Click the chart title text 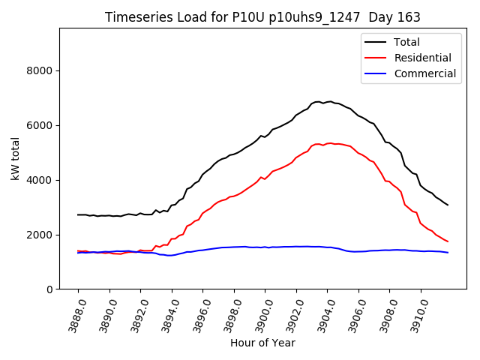click(x=262, y=17)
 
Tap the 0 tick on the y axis click(x=49, y=289)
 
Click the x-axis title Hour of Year click(x=262, y=343)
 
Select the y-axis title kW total click(x=15, y=159)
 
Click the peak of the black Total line click(x=330, y=101)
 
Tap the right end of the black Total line click(x=448, y=205)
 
